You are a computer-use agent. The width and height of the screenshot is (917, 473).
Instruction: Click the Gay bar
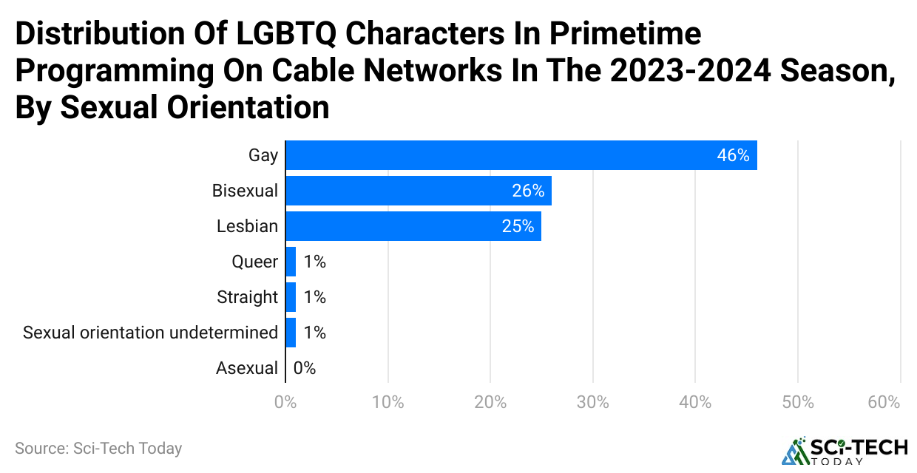pyautogui.click(x=521, y=155)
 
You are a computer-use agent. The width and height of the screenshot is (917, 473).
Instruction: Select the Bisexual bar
pyautogui.click(x=419, y=191)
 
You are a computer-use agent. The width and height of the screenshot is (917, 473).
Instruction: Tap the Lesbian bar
pyautogui.click(x=413, y=226)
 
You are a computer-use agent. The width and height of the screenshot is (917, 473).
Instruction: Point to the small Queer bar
pyautogui.click(x=291, y=262)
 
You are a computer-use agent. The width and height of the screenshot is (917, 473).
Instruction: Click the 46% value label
pyautogui.click(x=733, y=155)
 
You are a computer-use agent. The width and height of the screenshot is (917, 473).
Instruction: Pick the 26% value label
pyautogui.click(x=528, y=191)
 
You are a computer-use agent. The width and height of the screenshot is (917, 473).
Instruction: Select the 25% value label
pyautogui.click(x=518, y=226)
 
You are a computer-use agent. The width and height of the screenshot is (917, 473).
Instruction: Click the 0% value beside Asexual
pyautogui.click(x=305, y=368)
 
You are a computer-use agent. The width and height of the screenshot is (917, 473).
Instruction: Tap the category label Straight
pyautogui.click(x=247, y=297)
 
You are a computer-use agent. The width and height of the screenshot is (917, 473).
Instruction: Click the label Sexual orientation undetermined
pyautogui.click(x=150, y=333)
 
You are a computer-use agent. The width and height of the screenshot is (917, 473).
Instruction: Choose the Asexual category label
pyautogui.click(x=247, y=368)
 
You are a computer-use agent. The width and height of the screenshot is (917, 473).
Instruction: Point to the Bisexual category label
pyautogui.click(x=245, y=191)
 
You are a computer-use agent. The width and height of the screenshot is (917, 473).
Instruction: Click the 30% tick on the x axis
pyautogui.click(x=593, y=403)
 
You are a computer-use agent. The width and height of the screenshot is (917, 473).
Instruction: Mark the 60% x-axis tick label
pyautogui.click(x=884, y=403)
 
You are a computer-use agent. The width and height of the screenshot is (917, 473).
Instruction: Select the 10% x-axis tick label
pyautogui.click(x=388, y=403)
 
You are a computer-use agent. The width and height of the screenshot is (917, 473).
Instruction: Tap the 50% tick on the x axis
pyautogui.click(x=798, y=403)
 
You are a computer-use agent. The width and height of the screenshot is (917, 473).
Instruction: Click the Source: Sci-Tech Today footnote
pyautogui.click(x=98, y=448)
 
